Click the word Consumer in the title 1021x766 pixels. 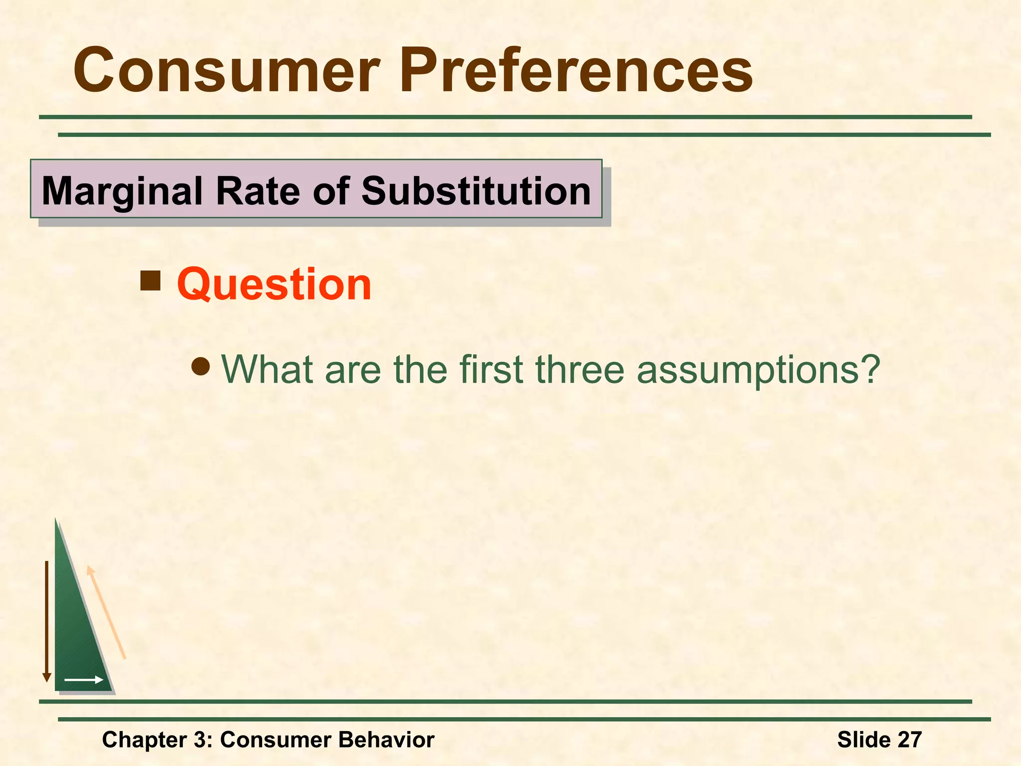227,71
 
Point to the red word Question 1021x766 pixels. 274,284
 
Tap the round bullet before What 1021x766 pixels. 201,368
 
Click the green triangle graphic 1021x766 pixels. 75,638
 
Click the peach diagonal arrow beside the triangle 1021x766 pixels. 106,612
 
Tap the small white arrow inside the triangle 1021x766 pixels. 84,680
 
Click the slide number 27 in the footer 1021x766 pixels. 909,740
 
